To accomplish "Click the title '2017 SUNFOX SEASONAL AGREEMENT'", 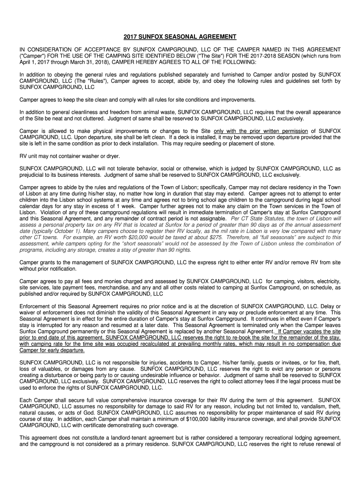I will (x=180, y=36).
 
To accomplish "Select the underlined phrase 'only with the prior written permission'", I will (x=260, y=131).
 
